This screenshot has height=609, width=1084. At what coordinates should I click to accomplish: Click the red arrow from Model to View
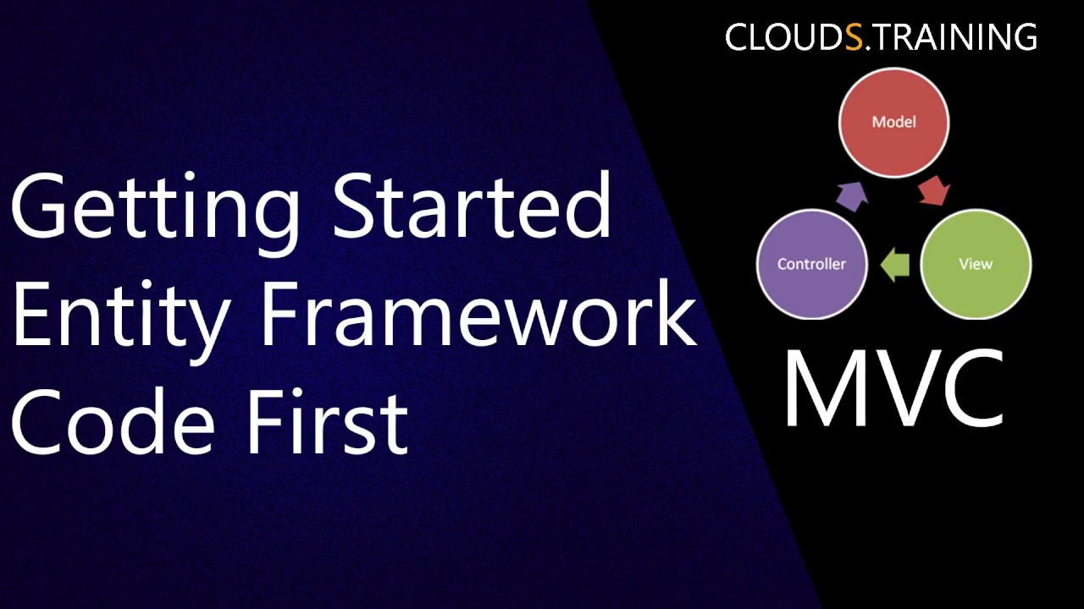tap(933, 189)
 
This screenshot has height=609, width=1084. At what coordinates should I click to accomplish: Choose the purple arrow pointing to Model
tap(851, 194)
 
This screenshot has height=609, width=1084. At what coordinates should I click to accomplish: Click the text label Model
tap(893, 122)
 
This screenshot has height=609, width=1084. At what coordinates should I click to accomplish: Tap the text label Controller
tap(811, 264)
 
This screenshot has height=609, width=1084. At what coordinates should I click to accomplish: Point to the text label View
tap(975, 264)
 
